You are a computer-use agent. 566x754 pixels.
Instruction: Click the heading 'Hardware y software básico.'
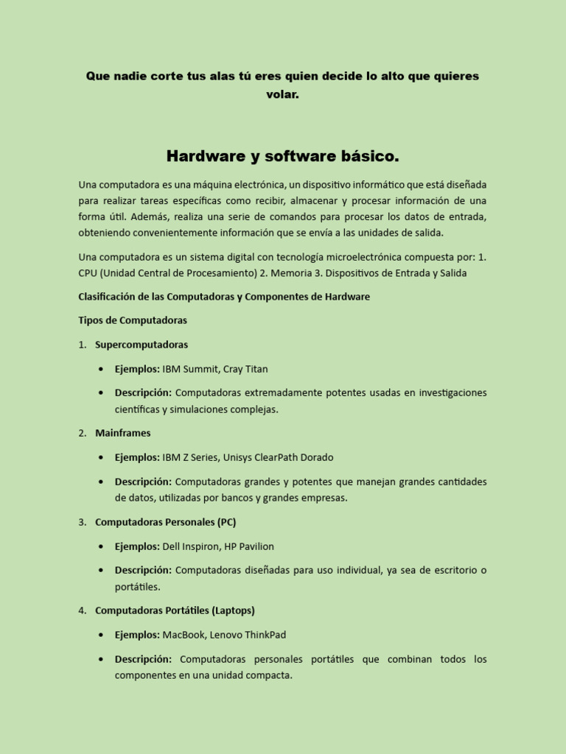tap(282, 156)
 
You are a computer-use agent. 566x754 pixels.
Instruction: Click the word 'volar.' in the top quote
tap(282, 94)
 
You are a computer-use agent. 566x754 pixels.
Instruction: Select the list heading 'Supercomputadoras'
tap(141, 345)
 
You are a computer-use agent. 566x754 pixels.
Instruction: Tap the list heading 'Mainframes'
tap(122, 433)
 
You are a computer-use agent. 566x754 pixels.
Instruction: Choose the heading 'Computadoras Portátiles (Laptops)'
tap(175, 610)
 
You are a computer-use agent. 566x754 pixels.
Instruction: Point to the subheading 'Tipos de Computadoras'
tap(133, 320)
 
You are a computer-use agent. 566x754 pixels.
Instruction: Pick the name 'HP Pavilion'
tap(249, 546)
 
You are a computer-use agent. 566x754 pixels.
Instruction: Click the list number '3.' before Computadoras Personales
tap(83, 522)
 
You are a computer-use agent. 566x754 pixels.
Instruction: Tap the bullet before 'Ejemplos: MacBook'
tap(100, 635)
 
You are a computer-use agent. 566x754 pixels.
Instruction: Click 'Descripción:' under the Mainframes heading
tap(143, 482)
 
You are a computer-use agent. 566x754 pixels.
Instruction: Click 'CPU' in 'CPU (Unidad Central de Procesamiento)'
tap(88, 273)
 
